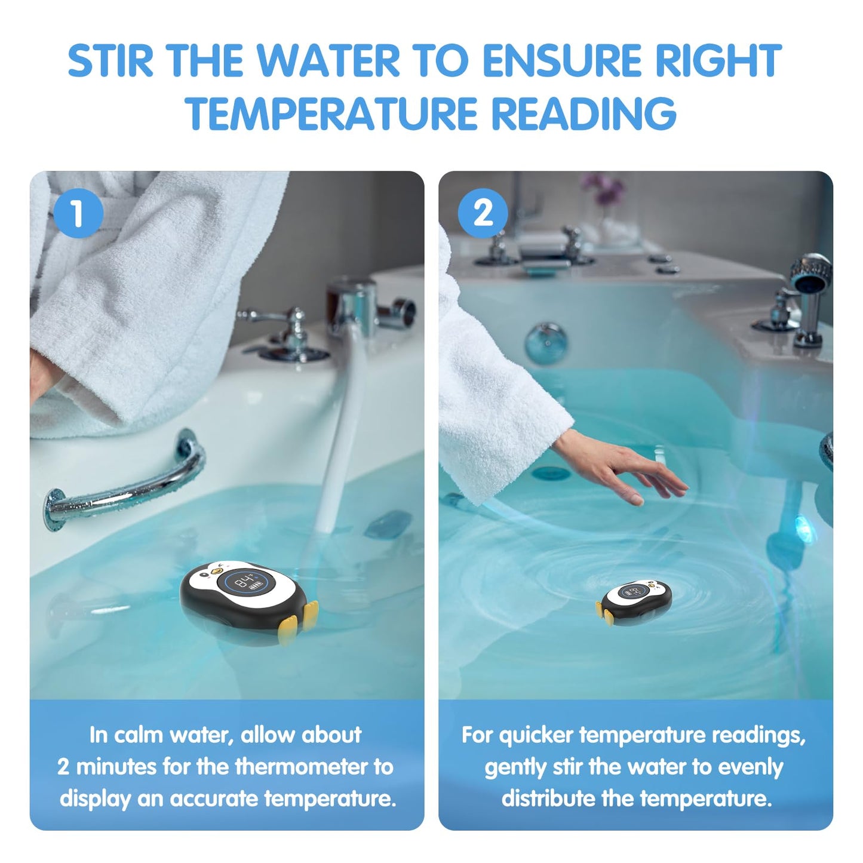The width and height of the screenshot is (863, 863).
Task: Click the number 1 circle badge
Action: pos(78,213)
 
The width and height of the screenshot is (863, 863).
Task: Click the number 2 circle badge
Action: pos(483,213)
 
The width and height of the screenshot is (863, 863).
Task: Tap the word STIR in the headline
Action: pos(110,60)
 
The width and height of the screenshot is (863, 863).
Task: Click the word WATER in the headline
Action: pos(328,60)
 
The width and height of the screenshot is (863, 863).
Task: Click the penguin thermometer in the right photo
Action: pos(634,601)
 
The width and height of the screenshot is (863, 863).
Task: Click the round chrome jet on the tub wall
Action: pos(546,343)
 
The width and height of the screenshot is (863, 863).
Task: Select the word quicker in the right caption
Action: pos(536,736)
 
